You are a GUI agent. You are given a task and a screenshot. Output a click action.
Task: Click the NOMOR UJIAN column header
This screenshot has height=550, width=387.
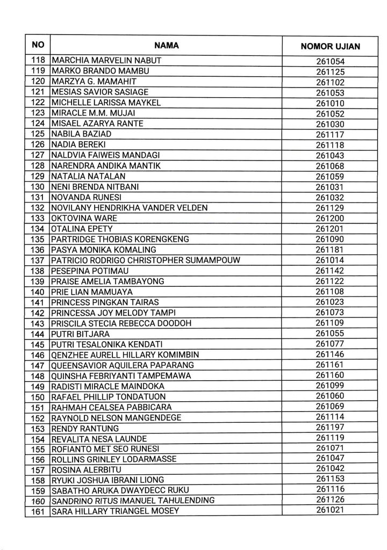click(x=330, y=46)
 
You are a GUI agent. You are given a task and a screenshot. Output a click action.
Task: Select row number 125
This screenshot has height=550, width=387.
click(x=38, y=134)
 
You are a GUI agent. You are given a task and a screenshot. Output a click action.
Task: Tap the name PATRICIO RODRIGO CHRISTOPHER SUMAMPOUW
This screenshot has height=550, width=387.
click(x=145, y=260)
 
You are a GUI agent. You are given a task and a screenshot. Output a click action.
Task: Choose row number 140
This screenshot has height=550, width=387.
click(x=38, y=292)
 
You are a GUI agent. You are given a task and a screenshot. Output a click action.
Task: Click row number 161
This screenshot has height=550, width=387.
click(x=38, y=511)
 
